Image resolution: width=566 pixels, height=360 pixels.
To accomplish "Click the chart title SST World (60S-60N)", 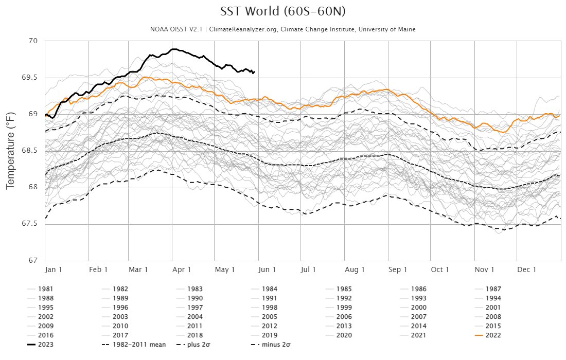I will click(x=283, y=12).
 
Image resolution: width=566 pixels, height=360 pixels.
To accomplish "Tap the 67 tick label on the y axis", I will click(x=34, y=260).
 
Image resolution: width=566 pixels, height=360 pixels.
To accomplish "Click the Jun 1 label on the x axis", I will click(x=267, y=269).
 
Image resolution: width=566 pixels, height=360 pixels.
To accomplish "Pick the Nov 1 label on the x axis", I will click(x=484, y=269).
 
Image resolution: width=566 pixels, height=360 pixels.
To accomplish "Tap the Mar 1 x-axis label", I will click(x=138, y=269).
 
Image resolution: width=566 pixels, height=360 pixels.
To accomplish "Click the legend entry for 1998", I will click(x=269, y=308).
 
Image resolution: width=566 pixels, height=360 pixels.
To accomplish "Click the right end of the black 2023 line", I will click(x=254, y=72).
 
